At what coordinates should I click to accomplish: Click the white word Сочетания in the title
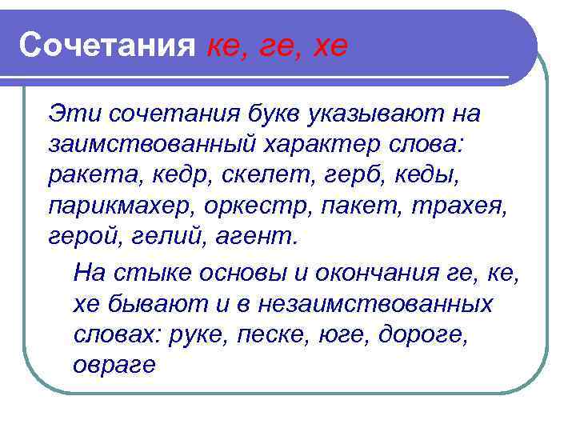[107, 45]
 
